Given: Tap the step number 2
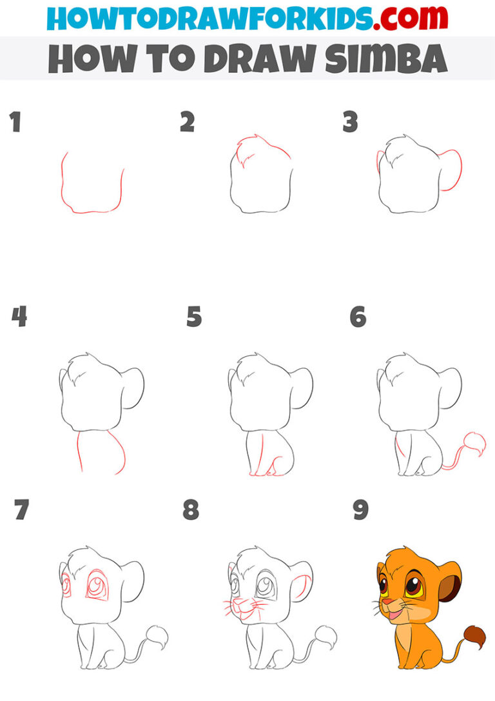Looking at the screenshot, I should [187, 122].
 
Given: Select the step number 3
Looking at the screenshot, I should [350, 122].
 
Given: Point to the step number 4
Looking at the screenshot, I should [19, 317].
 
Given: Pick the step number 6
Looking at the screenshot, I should [358, 317].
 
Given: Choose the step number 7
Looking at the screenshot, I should [21, 509].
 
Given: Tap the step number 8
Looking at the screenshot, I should [191, 509].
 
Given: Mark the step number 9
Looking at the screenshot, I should [360, 509].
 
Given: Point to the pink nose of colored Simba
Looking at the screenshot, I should [388, 603].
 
